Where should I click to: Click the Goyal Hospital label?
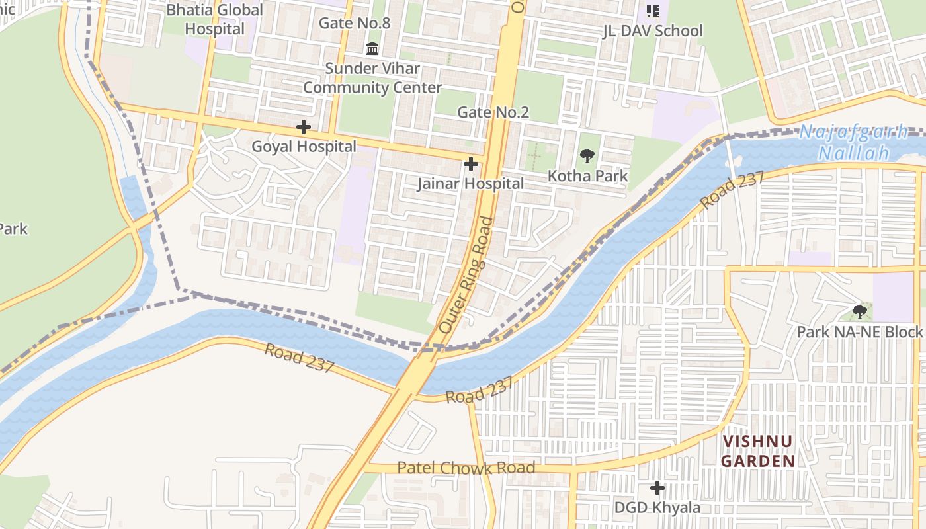304,147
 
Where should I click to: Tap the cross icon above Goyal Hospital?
304,126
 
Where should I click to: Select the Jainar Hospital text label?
470,184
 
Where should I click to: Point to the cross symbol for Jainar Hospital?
471,163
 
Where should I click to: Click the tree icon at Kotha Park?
587,156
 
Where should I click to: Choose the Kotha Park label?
588,176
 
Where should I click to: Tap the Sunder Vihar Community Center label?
372,78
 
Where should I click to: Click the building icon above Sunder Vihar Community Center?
372,48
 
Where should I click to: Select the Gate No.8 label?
355,23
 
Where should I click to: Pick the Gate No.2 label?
493,112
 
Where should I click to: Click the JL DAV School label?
652,31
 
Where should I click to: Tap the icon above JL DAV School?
653,11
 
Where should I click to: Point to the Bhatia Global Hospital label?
214,19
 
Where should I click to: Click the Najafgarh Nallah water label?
853,142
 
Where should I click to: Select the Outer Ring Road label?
466,274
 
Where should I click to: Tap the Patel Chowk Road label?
466,468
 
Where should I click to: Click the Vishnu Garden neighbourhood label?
757,451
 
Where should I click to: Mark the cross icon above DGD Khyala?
657,488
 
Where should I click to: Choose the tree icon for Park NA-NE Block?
859,311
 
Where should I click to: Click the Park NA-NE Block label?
859,332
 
